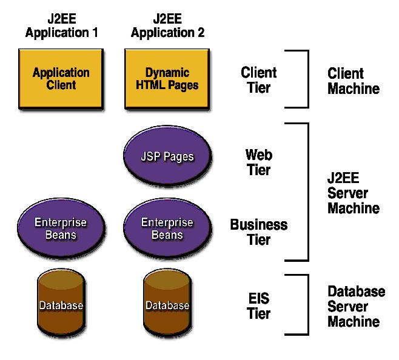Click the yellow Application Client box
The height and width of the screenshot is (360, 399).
[61, 78]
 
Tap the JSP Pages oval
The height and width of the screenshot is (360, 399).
[167, 156]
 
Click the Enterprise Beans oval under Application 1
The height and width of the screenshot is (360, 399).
[61, 228]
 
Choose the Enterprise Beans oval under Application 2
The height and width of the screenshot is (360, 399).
[167, 228]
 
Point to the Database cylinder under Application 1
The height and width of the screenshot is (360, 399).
[61, 304]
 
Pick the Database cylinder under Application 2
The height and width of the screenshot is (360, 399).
[167, 304]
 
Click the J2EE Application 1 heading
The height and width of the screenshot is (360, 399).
[61, 25]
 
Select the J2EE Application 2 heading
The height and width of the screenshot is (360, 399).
[167, 25]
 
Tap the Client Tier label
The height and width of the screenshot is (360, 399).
[258, 80]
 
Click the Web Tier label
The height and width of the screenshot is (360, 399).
[258, 161]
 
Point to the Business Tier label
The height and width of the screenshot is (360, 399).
[258, 232]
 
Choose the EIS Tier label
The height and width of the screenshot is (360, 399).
[259, 306]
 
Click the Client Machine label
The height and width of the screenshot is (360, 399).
[354, 81]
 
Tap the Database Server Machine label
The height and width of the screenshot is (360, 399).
[356, 307]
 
